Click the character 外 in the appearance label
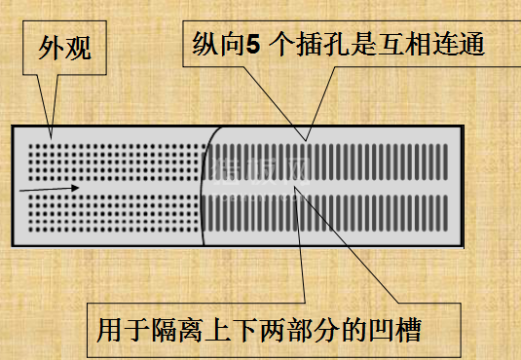click(x=53, y=48)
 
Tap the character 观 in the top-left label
click(x=79, y=48)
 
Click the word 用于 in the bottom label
click(x=122, y=330)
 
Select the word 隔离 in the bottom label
click(x=177, y=330)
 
